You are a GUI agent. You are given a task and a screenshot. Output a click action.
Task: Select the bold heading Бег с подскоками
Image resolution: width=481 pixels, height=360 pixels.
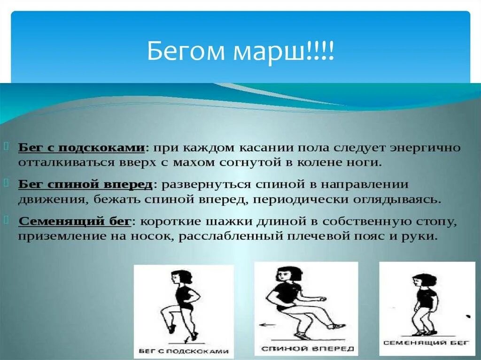tap(81, 148)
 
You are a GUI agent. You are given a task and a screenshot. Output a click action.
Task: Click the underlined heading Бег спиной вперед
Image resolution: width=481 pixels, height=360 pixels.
tap(85, 184)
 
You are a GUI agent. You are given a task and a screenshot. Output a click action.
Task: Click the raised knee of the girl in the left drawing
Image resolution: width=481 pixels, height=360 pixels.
tap(163, 309)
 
